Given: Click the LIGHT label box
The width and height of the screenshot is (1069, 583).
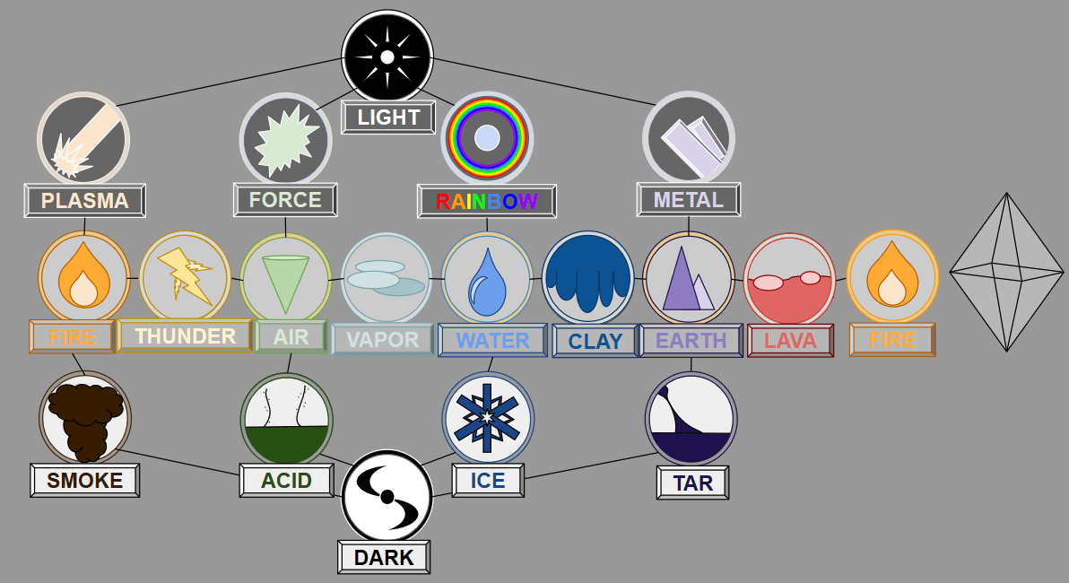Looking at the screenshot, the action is (388, 117).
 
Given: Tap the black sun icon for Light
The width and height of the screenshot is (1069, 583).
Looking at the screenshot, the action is (387, 56).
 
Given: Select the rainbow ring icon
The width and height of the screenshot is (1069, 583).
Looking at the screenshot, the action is (487, 137).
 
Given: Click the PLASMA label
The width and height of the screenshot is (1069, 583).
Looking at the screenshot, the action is (85, 201).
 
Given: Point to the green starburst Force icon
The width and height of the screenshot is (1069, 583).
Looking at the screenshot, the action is (285, 139).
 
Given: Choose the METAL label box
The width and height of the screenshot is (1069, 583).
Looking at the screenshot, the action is (689, 199).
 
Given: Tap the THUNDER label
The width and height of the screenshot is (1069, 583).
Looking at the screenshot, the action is (185, 336).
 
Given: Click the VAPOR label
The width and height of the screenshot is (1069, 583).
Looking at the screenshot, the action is (383, 340).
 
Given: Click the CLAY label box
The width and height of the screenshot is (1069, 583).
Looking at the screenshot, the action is (595, 342).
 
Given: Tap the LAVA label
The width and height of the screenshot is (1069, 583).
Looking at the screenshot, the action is (790, 341).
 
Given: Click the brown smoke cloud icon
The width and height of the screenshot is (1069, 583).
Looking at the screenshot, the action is (85, 417).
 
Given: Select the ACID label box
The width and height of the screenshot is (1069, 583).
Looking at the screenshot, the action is (286, 481).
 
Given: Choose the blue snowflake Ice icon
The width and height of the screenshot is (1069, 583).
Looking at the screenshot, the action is (488, 418).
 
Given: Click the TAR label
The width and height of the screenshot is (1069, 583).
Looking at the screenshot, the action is (692, 483).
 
